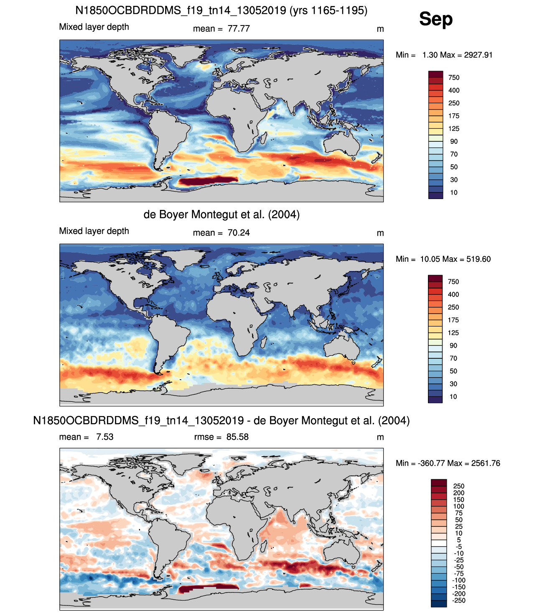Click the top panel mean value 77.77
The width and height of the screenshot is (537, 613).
[239, 29]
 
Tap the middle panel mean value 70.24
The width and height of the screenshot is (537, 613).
[239, 233]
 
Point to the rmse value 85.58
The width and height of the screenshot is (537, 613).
[237, 437]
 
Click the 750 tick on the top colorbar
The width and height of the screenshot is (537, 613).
[454, 78]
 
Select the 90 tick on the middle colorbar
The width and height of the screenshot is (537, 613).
[453, 345]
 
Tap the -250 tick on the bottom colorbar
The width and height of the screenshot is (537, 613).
[459, 600]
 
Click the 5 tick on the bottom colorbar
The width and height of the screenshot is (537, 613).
[459, 540]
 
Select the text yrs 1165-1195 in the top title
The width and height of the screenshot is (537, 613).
[328, 10]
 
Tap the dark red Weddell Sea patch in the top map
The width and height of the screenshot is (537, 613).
[208, 181]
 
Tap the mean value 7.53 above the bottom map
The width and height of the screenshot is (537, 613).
[104, 437]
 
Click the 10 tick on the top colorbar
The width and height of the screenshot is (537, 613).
[453, 193]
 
